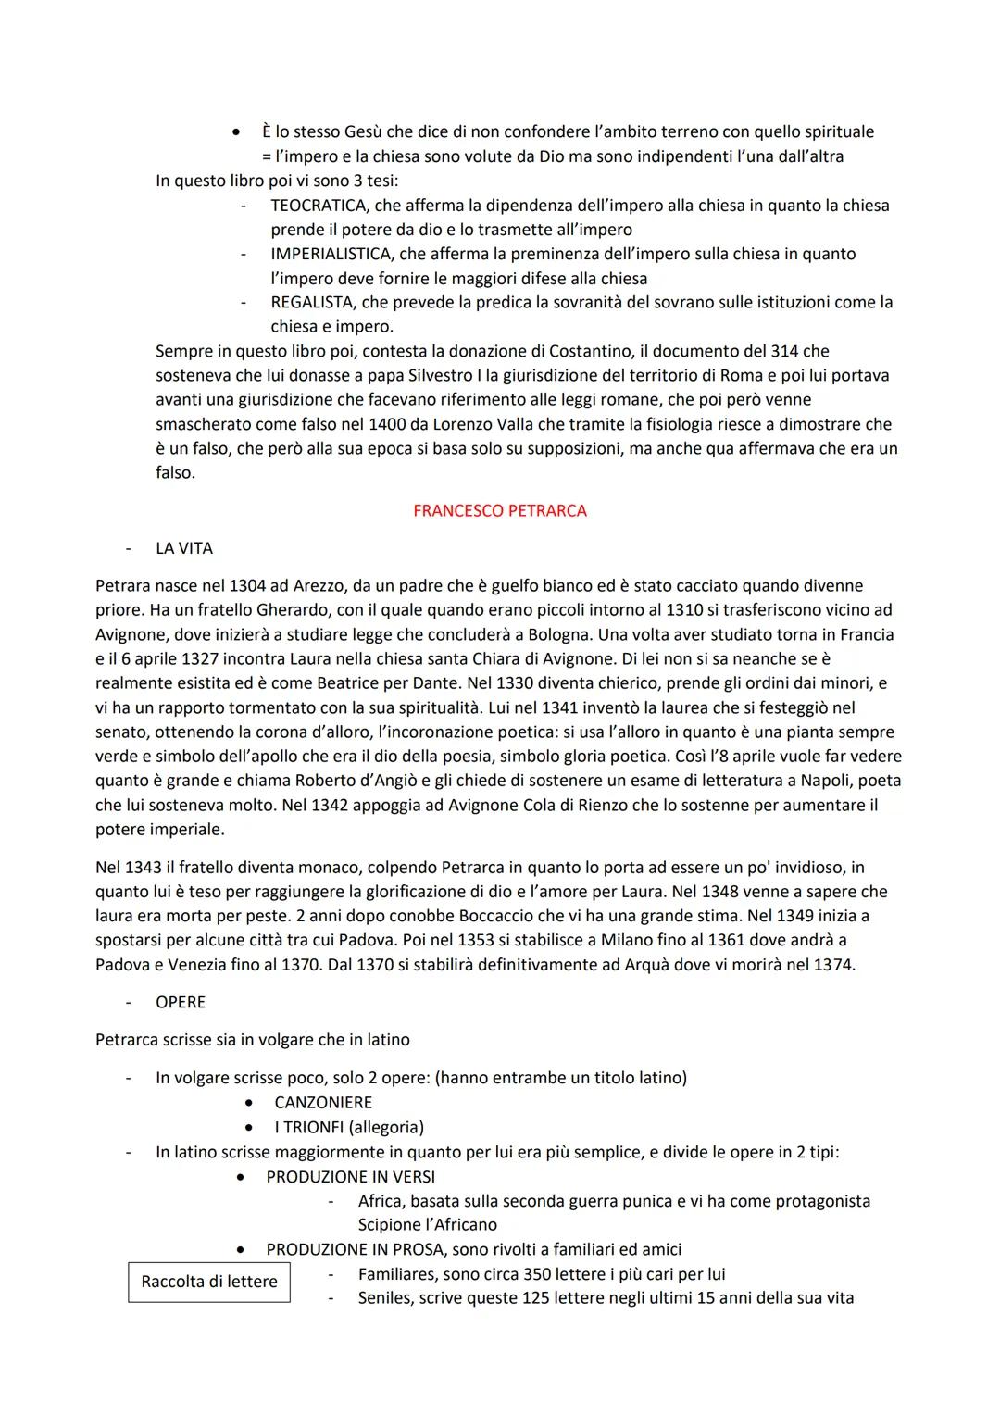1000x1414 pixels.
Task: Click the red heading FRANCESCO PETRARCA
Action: pos(499,510)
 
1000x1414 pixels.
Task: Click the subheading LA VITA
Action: pos(184,548)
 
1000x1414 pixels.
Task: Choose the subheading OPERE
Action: pos(181,1002)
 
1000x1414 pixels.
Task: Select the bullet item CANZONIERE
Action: pos(323,1103)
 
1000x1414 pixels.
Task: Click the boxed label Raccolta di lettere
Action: pos(209,1282)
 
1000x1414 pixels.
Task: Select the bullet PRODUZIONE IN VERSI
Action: pos(350,1177)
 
